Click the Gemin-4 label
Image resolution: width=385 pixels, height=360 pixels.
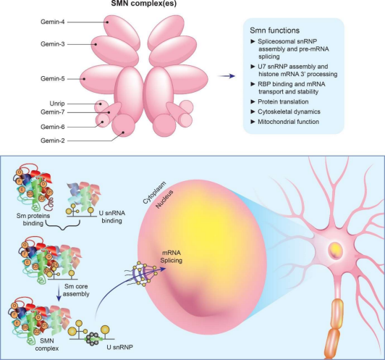pyautogui.click(x=53, y=22)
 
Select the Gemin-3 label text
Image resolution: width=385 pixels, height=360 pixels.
pyautogui.click(x=53, y=44)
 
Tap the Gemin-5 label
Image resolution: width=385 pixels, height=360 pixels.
pyautogui.click(x=53, y=79)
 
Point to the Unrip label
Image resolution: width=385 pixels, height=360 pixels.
pyautogui.click(x=57, y=104)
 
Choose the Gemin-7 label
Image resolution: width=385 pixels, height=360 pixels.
pyautogui.click(x=53, y=112)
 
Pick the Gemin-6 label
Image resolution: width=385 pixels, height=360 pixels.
pyautogui.click(x=53, y=127)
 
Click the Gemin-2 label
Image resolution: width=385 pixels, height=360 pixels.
pyautogui.click(x=53, y=141)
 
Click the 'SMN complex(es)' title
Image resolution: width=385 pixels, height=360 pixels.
pyautogui.click(x=143, y=3)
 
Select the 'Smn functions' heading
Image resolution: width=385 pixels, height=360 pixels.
pyautogui.click(x=274, y=30)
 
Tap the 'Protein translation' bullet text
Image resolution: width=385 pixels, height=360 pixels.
pyautogui.click(x=283, y=101)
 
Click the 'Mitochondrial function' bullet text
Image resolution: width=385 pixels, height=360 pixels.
pyautogui.click(x=288, y=122)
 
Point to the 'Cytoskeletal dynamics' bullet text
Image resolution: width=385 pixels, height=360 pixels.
pyautogui.click(x=289, y=112)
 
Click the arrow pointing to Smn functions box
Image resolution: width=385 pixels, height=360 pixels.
pyautogui.click(x=226, y=76)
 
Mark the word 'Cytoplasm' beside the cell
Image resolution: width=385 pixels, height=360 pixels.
pyautogui.click(x=154, y=193)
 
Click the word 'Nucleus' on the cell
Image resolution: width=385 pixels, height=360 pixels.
pyautogui.click(x=164, y=199)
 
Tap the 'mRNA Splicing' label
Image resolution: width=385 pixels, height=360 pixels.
pyautogui.click(x=171, y=256)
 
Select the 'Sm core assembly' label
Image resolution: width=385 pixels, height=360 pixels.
pyautogui.click(x=76, y=290)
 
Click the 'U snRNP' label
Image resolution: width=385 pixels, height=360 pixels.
pyautogui.click(x=120, y=347)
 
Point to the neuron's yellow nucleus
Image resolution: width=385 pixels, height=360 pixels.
pyautogui.click(x=335, y=250)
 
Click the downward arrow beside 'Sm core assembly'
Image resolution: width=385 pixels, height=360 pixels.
pyautogui.click(x=59, y=293)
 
